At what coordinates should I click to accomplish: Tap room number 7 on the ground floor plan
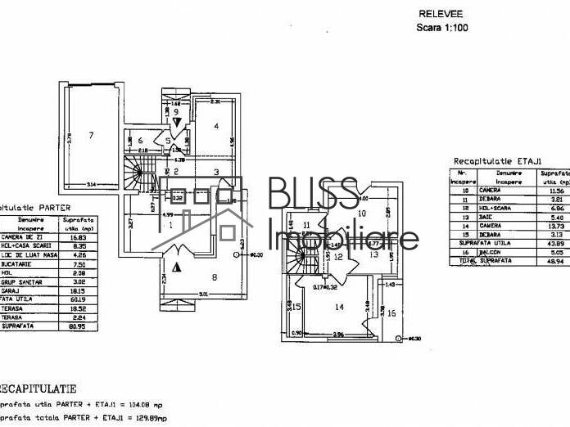click(x=91, y=135)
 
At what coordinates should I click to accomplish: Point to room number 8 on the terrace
click(x=214, y=277)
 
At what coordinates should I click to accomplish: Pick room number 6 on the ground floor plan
click(x=140, y=141)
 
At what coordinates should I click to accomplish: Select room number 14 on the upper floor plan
click(x=338, y=308)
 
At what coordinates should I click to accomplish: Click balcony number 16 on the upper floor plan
click(x=391, y=312)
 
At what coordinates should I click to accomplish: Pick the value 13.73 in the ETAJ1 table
click(x=557, y=225)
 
